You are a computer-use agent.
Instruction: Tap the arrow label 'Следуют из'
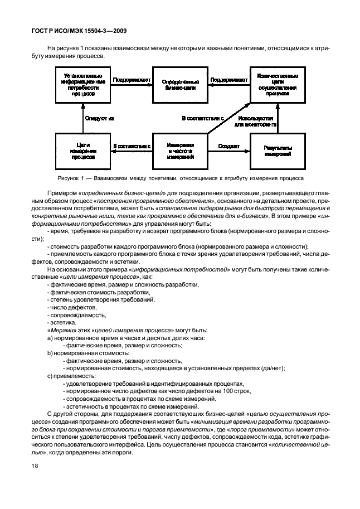[99, 118]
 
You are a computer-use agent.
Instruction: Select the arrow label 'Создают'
[229, 146]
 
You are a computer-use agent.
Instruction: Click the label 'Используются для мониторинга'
[255, 122]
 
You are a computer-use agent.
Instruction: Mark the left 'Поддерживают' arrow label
[132, 80]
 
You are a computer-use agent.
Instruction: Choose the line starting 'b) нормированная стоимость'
[81, 353]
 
